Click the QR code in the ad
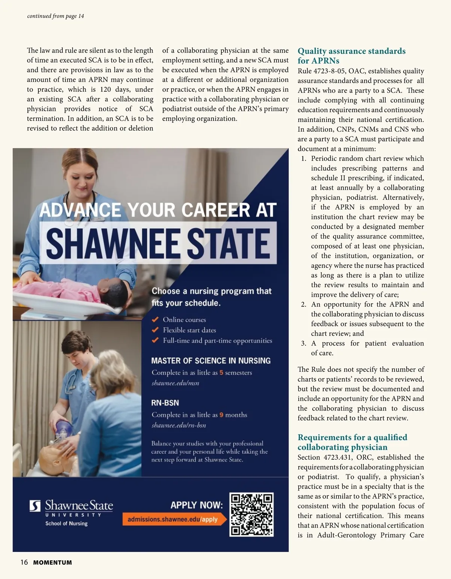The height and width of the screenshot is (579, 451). click(251, 514)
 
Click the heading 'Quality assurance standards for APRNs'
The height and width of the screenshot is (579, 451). click(351, 56)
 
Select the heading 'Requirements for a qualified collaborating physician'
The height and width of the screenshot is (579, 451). click(352, 442)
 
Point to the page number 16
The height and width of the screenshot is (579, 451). click(24, 562)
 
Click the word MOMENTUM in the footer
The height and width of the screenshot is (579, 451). click(53, 563)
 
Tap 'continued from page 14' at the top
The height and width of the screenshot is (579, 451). click(56, 16)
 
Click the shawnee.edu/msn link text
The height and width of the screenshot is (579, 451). click(175, 383)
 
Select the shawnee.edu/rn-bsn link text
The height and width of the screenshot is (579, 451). click(179, 425)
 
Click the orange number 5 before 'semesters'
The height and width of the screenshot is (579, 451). click(221, 373)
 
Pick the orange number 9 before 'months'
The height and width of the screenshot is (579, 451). click(221, 415)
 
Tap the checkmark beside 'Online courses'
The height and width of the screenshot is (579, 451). click(155, 320)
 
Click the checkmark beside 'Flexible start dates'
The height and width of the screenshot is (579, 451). click(155, 330)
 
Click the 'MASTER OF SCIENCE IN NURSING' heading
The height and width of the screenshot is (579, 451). click(210, 361)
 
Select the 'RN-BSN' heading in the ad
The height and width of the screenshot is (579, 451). click(165, 403)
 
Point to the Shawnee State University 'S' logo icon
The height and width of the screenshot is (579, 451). click(35, 506)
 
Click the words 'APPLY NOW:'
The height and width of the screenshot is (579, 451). click(197, 505)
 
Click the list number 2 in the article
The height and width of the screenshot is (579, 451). click(304, 305)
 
